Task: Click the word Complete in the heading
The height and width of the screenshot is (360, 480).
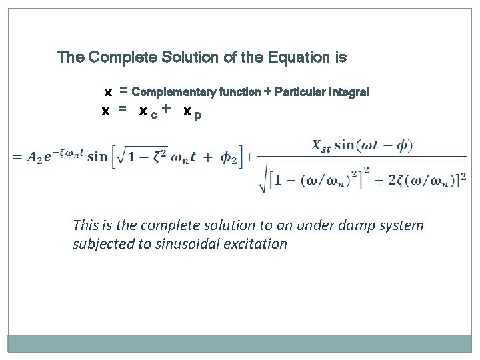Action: [123, 57]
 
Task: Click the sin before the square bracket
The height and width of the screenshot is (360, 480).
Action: [97, 157]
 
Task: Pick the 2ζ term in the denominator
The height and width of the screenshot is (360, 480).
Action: [391, 180]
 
